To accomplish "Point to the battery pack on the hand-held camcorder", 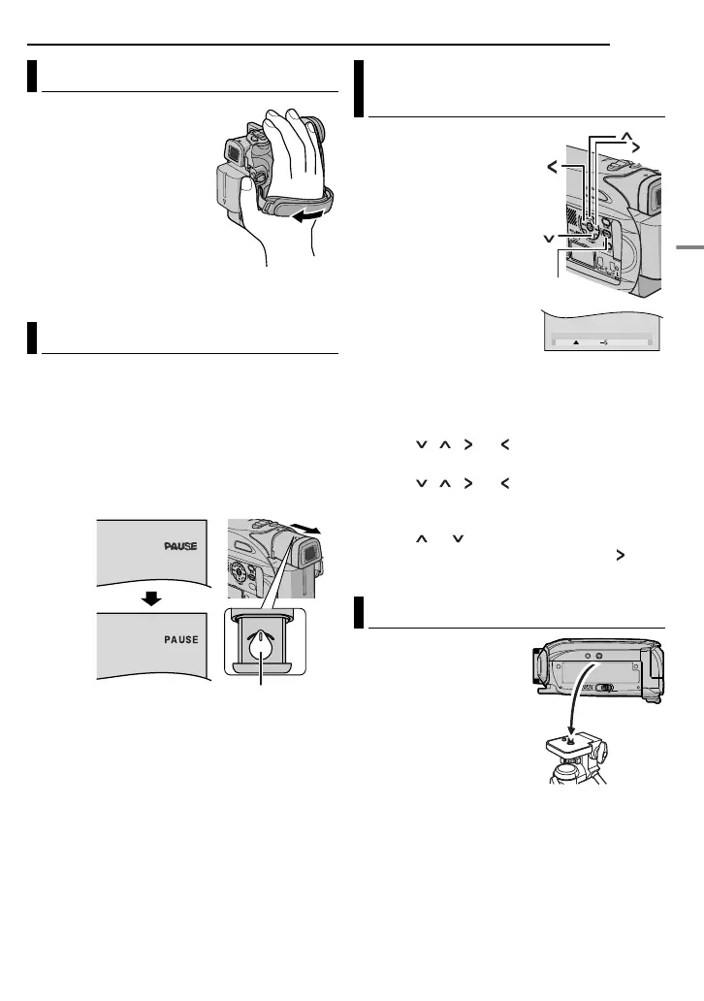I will (225, 186).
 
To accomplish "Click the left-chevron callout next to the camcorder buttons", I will (553, 168).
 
